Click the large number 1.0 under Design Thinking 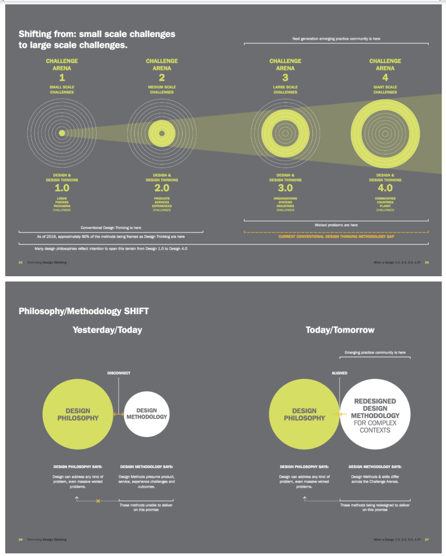tap(62, 188)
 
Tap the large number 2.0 tap(162, 188)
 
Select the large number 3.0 tap(285, 188)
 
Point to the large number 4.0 tap(385, 188)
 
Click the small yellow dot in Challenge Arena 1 tap(62, 133)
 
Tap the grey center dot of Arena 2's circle tap(162, 133)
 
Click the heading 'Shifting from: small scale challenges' tap(97, 34)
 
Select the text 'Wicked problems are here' tap(336, 225)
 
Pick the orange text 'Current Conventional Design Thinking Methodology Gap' tap(336, 236)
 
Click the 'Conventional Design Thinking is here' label tap(111, 228)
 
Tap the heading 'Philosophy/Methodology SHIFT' tap(84, 311)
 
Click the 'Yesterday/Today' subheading tap(107, 330)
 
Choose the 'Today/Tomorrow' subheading tap(340, 330)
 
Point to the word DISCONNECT tap(118, 373)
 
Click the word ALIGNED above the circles tap(339, 373)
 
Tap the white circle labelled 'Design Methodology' tap(146, 414)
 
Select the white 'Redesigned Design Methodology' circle tap(375, 414)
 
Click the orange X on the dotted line tap(98, 501)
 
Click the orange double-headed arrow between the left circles tap(118, 414)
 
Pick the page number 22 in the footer tap(21, 263)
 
